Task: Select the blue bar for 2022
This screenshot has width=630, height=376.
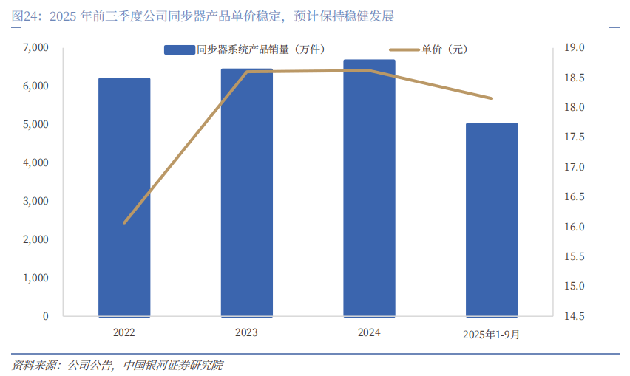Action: (x=124, y=197)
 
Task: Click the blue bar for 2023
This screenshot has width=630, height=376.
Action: (x=246, y=193)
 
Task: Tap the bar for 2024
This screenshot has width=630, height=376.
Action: (x=369, y=188)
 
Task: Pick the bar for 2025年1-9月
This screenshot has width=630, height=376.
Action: (x=492, y=220)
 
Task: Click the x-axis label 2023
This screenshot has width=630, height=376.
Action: (x=246, y=333)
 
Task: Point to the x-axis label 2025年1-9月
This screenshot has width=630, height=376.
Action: (x=492, y=334)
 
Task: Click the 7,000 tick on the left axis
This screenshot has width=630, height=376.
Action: (x=35, y=48)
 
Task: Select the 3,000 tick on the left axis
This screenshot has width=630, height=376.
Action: (x=35, y=201)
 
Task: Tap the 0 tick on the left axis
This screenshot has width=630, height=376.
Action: (x=46, y=316)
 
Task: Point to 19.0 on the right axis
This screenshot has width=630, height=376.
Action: (x=574, y=48)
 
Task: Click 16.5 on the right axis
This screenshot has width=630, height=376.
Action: (x=574, y=197)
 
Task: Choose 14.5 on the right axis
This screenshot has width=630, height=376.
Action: (x=574, y=316)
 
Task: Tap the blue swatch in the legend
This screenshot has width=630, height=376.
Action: (x=179, y=49)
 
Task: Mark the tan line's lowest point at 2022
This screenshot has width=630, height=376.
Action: (x=124, y=222)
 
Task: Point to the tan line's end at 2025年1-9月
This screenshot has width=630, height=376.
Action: (x=492, y=98)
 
